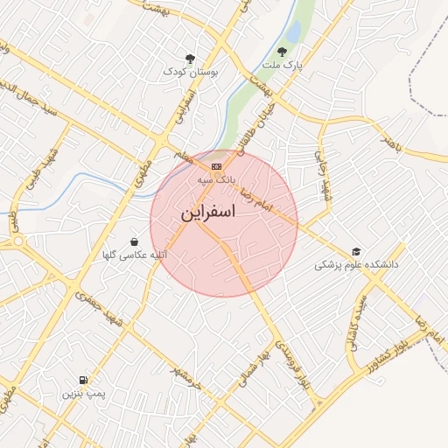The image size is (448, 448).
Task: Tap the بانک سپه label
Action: tap(216, 178)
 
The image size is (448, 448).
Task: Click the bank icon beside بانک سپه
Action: tap(216, 165)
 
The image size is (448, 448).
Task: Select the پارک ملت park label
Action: tap(281, 66)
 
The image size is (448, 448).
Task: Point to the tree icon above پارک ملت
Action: tap(281, 52)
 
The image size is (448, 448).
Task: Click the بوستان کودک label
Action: tap(190, 71)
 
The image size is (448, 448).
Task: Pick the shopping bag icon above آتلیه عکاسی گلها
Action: tap(134, 241)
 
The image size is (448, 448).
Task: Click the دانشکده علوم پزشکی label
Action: tap(356, 263)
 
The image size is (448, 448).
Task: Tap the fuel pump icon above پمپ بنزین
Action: tap(82, 380)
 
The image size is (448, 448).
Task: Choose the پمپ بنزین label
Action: tap(82, 394)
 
